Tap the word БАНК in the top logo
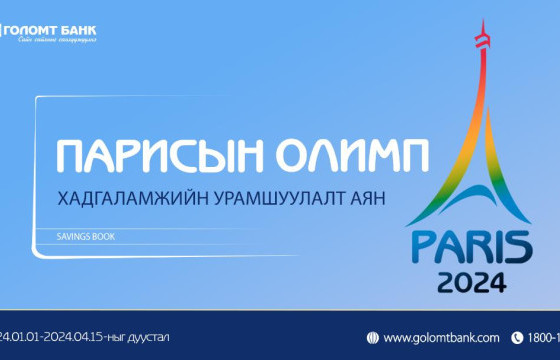pyautogui.click(x=77, y=29)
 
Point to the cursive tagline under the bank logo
pyautogui.click(x=54, y=41)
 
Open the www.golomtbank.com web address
pyautogui.click(x=441, y=338)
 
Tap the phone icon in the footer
pyautogui.click(x=518, y=338)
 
